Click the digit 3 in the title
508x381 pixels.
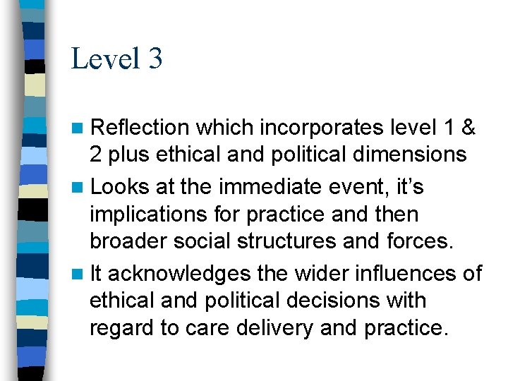pos(155,59)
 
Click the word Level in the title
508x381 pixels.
pos(106,59)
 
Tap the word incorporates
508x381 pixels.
pos(323,128)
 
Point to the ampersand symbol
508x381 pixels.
pos(467,128)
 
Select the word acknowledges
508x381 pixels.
pos(179,274)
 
